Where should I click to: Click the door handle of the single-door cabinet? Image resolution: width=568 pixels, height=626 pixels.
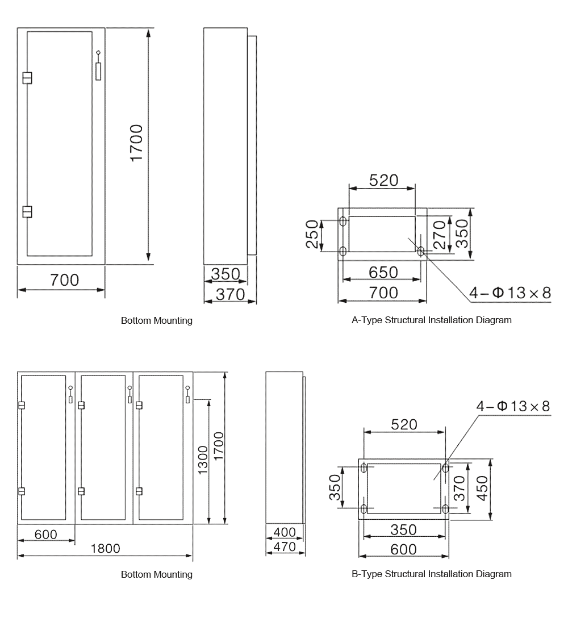[x=99, y=68]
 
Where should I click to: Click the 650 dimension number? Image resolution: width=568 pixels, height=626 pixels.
[x=383, y=272]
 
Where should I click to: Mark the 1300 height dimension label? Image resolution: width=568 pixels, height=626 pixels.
[x=203, y=461]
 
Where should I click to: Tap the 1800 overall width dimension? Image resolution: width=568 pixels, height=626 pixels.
[x=105, y=548]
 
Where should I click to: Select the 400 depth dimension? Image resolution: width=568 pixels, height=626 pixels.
[x=285, y=532]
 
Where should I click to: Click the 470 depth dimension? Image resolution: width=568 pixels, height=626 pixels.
[x=285, y=547]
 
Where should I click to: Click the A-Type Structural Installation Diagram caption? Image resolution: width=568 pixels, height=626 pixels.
[x=432, y=320]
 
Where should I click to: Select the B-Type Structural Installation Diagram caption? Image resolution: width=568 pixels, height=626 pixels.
[x=432, y=574]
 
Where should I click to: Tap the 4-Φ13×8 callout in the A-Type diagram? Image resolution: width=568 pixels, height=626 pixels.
[x=509, y=293]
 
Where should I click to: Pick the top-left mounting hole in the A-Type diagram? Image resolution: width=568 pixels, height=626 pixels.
[x=343, y=220]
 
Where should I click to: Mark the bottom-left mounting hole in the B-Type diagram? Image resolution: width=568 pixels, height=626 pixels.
[x=364, y=507]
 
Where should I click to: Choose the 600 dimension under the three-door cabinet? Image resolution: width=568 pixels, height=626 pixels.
[x=45, y=535]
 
